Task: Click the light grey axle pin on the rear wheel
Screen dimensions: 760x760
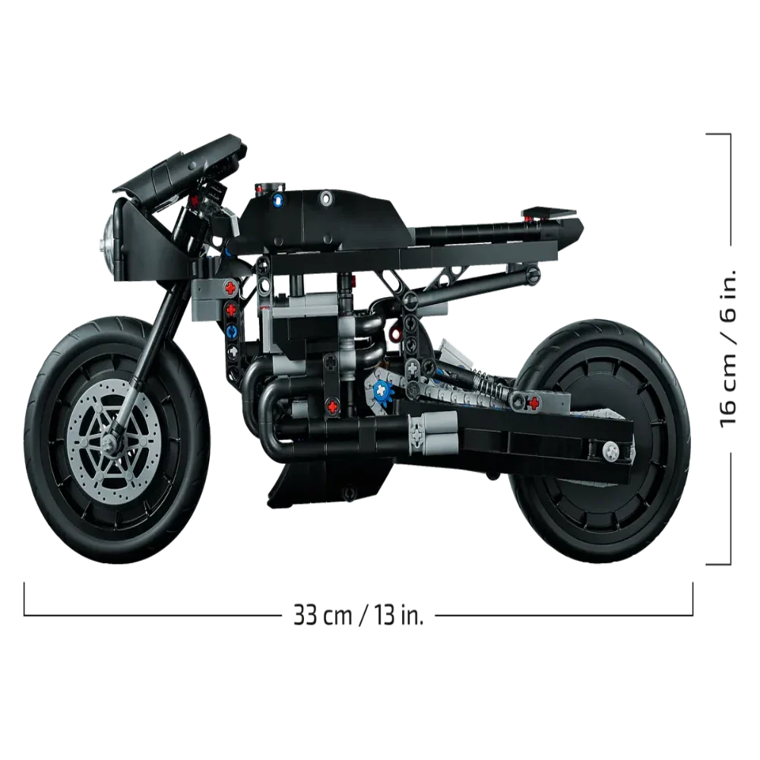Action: click(611, 451)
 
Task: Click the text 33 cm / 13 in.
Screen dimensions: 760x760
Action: click(359, 615)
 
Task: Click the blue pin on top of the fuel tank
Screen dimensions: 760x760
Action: click(279, 198)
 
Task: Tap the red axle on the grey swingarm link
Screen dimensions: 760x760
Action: click(534, 402)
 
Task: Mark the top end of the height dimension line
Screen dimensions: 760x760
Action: click(730, 134)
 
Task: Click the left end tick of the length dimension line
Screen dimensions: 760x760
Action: click(24, 599)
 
